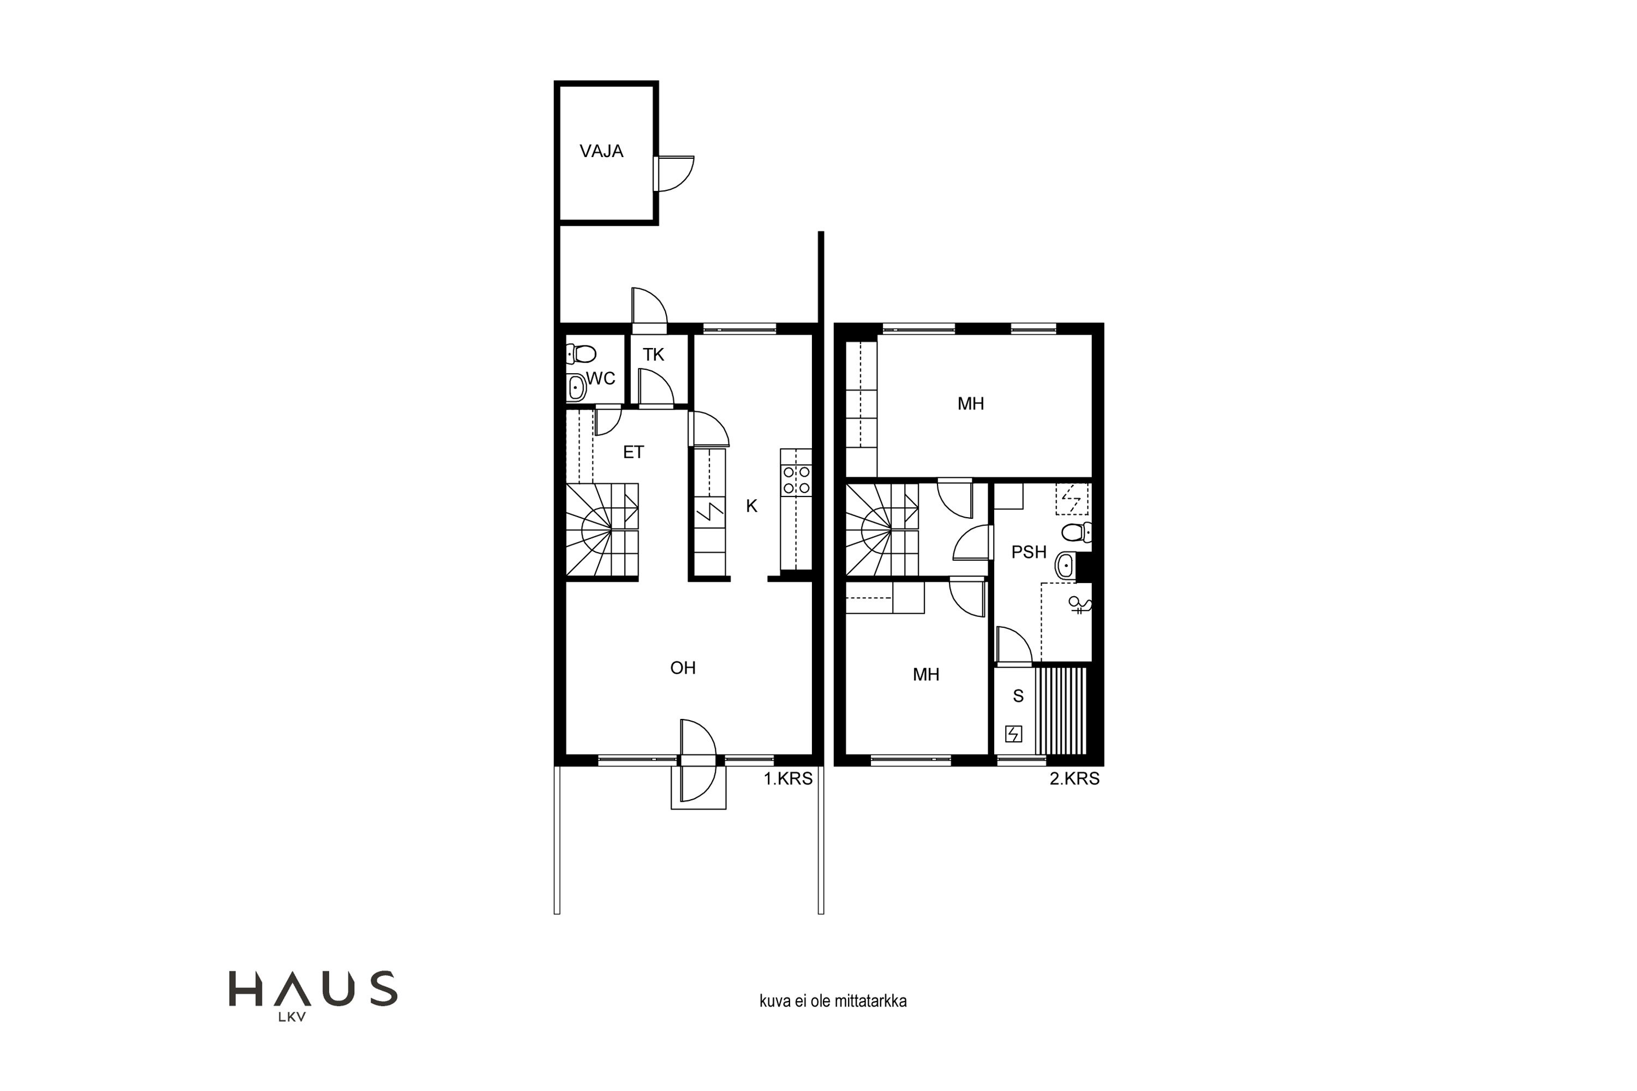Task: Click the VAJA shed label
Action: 601,151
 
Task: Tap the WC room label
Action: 601,379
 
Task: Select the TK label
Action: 654,355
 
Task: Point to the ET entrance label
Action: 634,452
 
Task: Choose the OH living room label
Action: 683,668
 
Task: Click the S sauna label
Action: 1018,697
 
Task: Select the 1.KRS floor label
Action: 788,778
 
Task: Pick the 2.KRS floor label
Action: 1074,778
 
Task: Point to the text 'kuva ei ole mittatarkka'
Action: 833,1001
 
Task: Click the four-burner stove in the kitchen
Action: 796,481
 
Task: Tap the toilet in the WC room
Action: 581,354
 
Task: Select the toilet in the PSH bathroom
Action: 1077,532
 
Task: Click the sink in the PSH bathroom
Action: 1066,566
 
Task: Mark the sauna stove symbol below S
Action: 1013,734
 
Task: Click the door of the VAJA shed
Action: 674,173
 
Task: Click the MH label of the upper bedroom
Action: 971,404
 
